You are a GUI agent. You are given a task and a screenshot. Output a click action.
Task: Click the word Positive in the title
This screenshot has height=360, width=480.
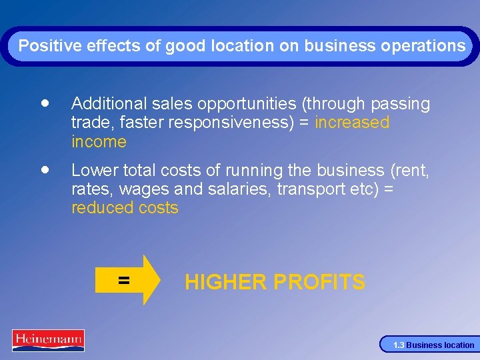[43, 46]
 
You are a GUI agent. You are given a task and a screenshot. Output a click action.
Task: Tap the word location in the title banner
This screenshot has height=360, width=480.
[242, 46]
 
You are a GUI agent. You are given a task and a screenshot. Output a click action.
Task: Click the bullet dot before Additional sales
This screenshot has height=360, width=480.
[44, 104]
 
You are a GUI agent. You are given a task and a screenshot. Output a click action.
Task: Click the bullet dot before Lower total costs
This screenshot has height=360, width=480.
[44, 170]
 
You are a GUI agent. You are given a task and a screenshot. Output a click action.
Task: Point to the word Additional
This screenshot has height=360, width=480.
[107, 104]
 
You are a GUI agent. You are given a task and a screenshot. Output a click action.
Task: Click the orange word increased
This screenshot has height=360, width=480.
[352, 123]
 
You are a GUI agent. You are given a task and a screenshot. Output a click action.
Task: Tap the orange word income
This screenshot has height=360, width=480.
[99, 141]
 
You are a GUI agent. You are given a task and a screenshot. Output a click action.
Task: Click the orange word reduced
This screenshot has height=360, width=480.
[101, 207]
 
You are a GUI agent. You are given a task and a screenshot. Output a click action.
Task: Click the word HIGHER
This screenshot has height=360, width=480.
[225, 282]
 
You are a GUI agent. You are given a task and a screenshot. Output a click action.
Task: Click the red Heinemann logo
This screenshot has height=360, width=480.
[48, 340]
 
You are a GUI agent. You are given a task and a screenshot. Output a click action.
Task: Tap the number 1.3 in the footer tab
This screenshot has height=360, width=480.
[398, 345]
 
